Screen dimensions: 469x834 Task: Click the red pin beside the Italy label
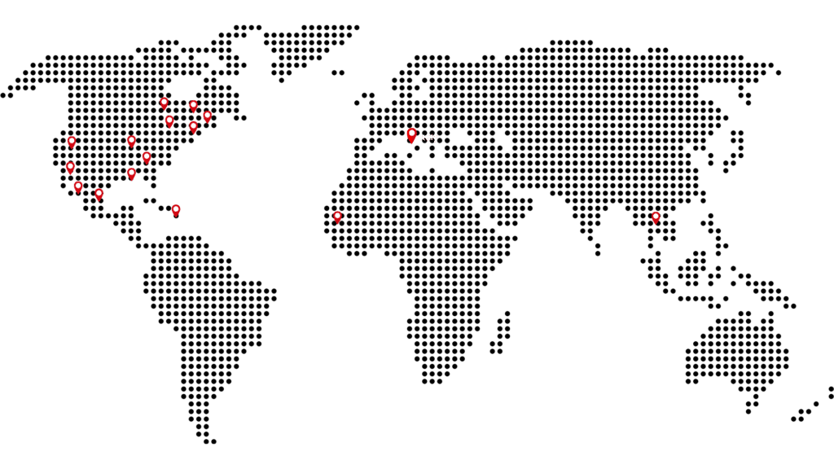click(411, 134)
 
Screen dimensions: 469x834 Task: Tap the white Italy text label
click(429, 138)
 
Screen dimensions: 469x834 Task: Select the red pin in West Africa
click(337, 217)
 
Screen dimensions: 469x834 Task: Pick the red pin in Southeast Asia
click(656, 217)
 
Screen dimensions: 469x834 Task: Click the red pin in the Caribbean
click(176, 209)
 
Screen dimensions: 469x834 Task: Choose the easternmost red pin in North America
click(208, 116)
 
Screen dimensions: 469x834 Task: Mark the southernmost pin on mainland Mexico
click(99, 195)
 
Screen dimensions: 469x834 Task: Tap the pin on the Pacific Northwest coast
click(72, 142)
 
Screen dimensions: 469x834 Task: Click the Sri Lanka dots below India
click(598, 249)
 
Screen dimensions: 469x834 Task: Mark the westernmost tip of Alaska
click(7, 94)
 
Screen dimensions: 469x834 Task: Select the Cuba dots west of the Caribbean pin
click(150, 199)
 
